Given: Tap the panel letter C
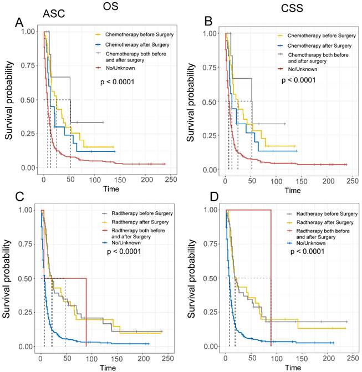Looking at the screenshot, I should click(19, 197).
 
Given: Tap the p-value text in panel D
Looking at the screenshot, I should click(304, 251).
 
